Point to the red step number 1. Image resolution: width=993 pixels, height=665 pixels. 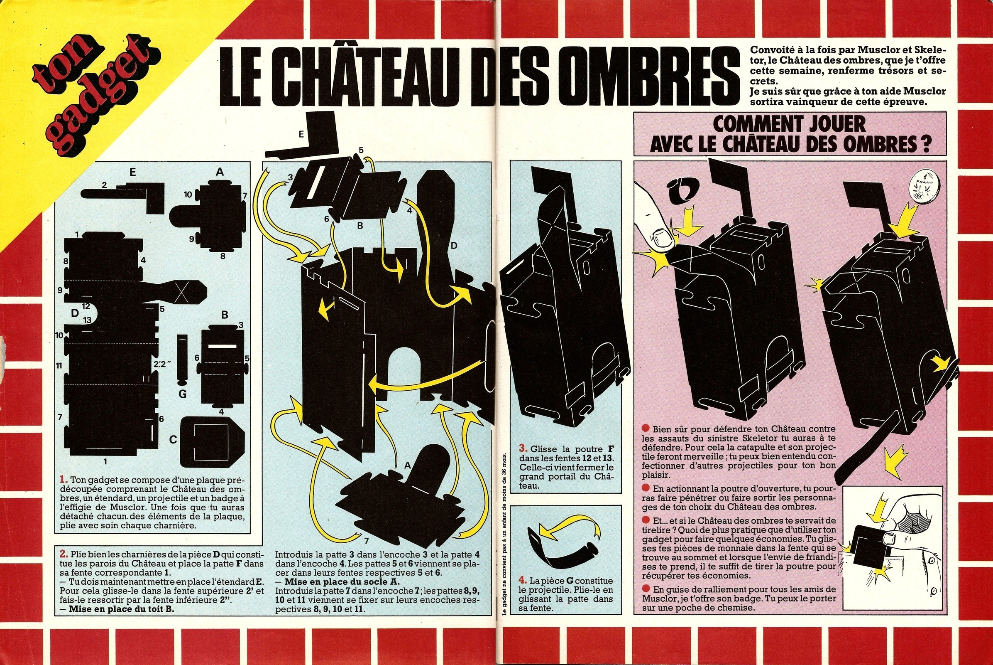[x=64, y=480]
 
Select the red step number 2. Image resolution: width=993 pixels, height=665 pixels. [x=64, y=554]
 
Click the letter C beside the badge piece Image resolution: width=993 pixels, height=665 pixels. [x=173, y=440]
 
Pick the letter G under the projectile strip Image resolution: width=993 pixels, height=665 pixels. [x=182, y=394]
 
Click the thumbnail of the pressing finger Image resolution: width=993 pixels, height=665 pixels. [x=658, y=234]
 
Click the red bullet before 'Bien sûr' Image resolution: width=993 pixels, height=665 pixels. [x=646, y=429]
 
